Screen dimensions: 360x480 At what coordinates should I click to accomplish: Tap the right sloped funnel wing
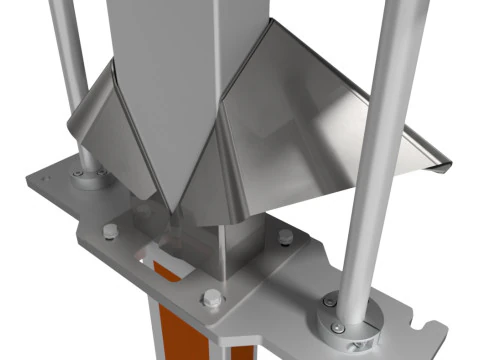tap(330, 130)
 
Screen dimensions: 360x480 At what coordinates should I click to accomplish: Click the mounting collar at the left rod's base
tap(89, 177)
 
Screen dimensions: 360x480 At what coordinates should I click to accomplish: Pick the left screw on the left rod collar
tap(77, 172)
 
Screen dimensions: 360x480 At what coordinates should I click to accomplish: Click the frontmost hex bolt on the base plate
tap(211, 297)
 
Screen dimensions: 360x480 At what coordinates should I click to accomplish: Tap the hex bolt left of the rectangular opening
tap(108, 232)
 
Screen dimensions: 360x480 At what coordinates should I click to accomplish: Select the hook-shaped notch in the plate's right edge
tap(432, 326)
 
